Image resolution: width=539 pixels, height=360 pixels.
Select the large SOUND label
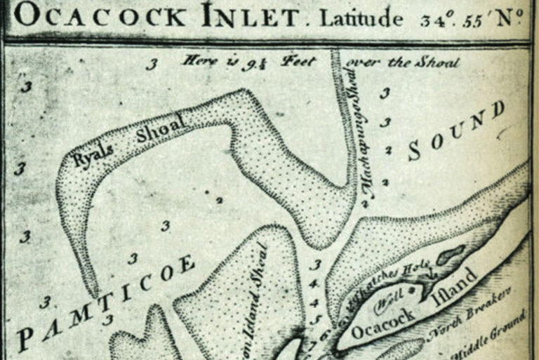click(x=455, y=129)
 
